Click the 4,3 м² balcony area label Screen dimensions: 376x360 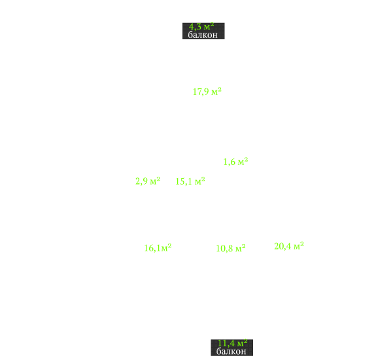(201, 26)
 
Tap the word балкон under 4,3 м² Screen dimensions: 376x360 (203, 35)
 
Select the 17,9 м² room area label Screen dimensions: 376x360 (207, 92)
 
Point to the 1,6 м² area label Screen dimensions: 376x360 (235, 162)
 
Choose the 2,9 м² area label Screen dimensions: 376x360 (148, 181)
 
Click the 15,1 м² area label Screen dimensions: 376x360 (190, 181)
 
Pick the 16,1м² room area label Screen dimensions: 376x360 (158, 248)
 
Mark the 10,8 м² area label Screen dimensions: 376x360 (231, 249)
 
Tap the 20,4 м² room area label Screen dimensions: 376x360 (289, 246)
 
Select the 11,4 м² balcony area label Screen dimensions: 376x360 (232, 343)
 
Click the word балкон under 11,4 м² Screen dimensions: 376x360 (231, 351)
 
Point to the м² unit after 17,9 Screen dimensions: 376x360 (216, 92)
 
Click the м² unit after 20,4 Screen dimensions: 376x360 (299, 246)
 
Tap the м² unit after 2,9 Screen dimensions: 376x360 (155, 181)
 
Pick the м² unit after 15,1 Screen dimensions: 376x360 (200, 181)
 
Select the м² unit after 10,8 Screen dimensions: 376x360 (241, 249)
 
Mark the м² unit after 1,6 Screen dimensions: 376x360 (243, 162)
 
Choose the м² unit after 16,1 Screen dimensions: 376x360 (166, 248)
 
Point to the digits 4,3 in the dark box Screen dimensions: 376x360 (195, 27)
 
